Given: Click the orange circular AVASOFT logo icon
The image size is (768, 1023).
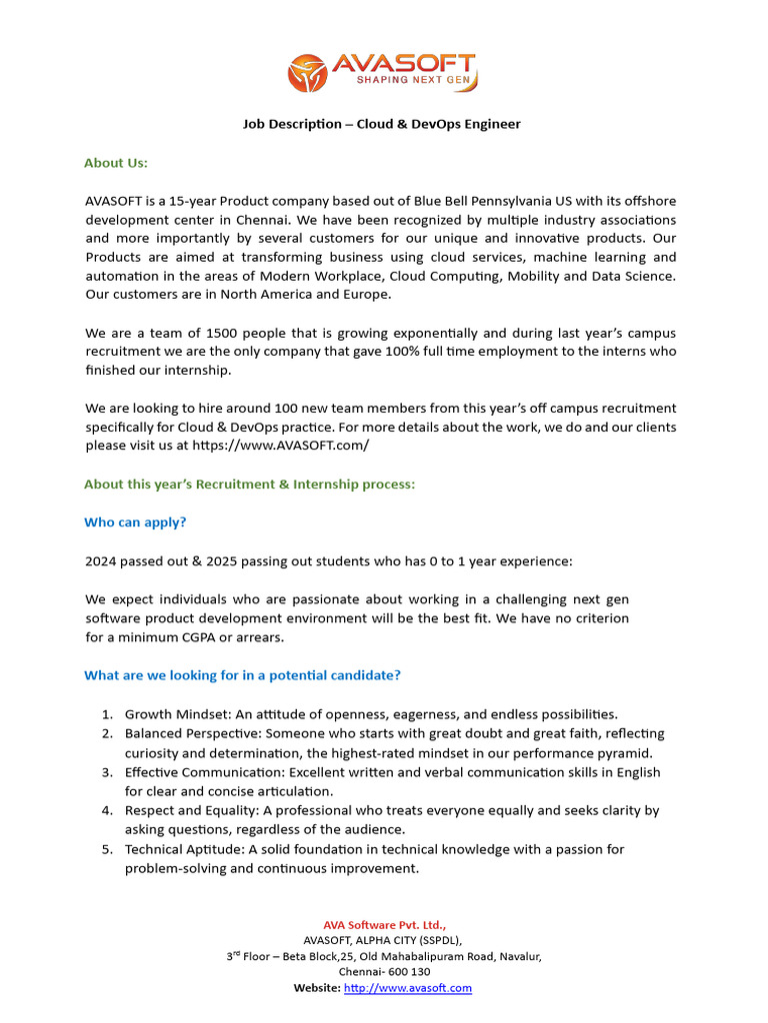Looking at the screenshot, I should tap(307, 73).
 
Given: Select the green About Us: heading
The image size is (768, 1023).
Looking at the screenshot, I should tap(116, 163).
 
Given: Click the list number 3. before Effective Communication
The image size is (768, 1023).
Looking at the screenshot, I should tap(107, 772).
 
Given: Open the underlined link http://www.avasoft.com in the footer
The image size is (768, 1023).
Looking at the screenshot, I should tap(407, 988).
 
